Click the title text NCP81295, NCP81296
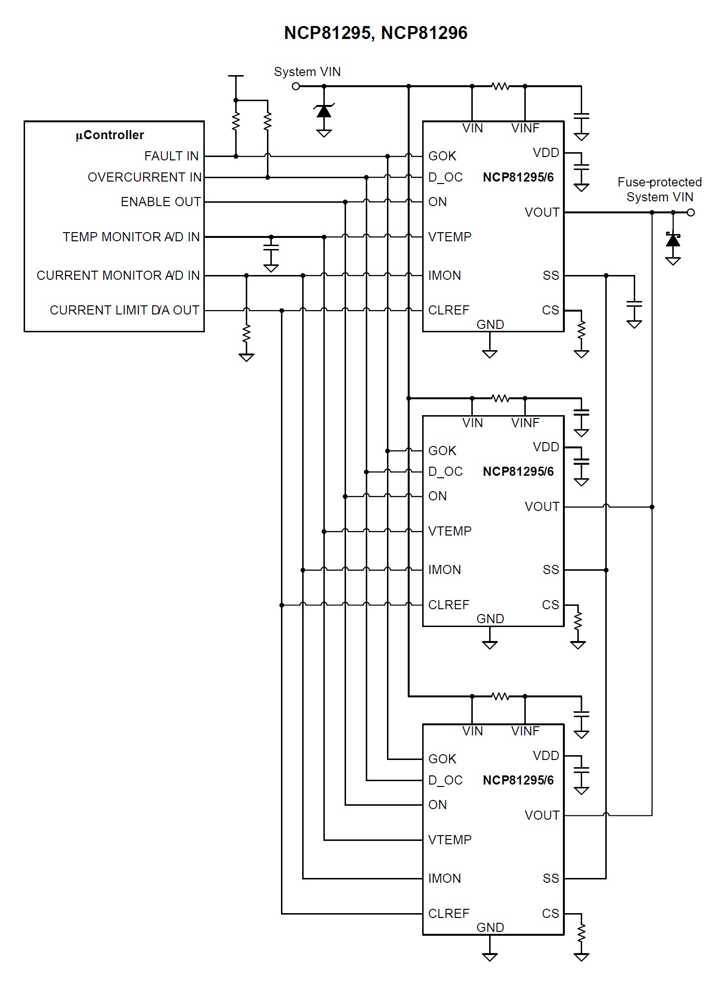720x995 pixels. (375, 33)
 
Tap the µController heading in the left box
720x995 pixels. (110, 135)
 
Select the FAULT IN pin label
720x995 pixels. (172, 156)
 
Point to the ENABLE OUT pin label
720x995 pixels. (160, 202)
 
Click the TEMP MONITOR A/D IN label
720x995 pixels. (131, 237)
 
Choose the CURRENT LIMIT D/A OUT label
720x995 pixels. (124, 310)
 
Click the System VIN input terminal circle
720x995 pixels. (296, 86)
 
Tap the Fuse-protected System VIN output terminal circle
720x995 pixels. (691, 212)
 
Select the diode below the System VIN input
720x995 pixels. (324, 111)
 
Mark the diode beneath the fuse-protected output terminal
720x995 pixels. (673, 240)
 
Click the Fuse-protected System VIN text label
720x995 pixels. (659, 189)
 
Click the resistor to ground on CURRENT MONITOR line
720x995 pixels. (246, 333)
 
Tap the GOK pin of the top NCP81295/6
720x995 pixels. (442, 156)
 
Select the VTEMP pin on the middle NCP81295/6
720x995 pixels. (450, 531)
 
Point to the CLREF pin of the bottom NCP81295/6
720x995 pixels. (449, 914)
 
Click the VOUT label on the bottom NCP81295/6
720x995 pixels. (542, 815)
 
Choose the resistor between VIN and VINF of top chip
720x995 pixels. (500, 87)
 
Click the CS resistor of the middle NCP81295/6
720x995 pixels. (578, 621)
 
